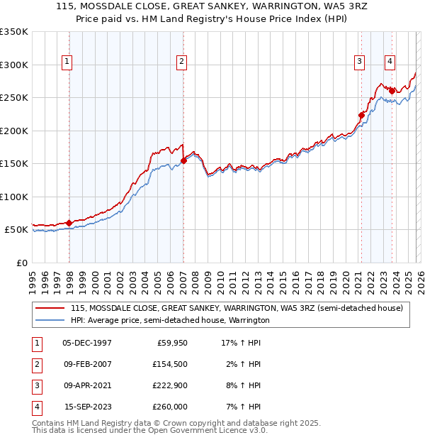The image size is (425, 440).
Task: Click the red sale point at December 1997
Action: pos(69,223)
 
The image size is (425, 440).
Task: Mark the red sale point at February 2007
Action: pos(183,160)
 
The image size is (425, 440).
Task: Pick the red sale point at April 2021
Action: pos(361,115)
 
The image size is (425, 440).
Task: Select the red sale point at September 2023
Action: pos(392,91)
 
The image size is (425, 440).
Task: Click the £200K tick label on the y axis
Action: pos(14,131)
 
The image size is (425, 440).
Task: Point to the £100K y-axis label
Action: pos(14,197)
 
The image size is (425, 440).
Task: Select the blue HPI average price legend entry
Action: pos(170,320)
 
